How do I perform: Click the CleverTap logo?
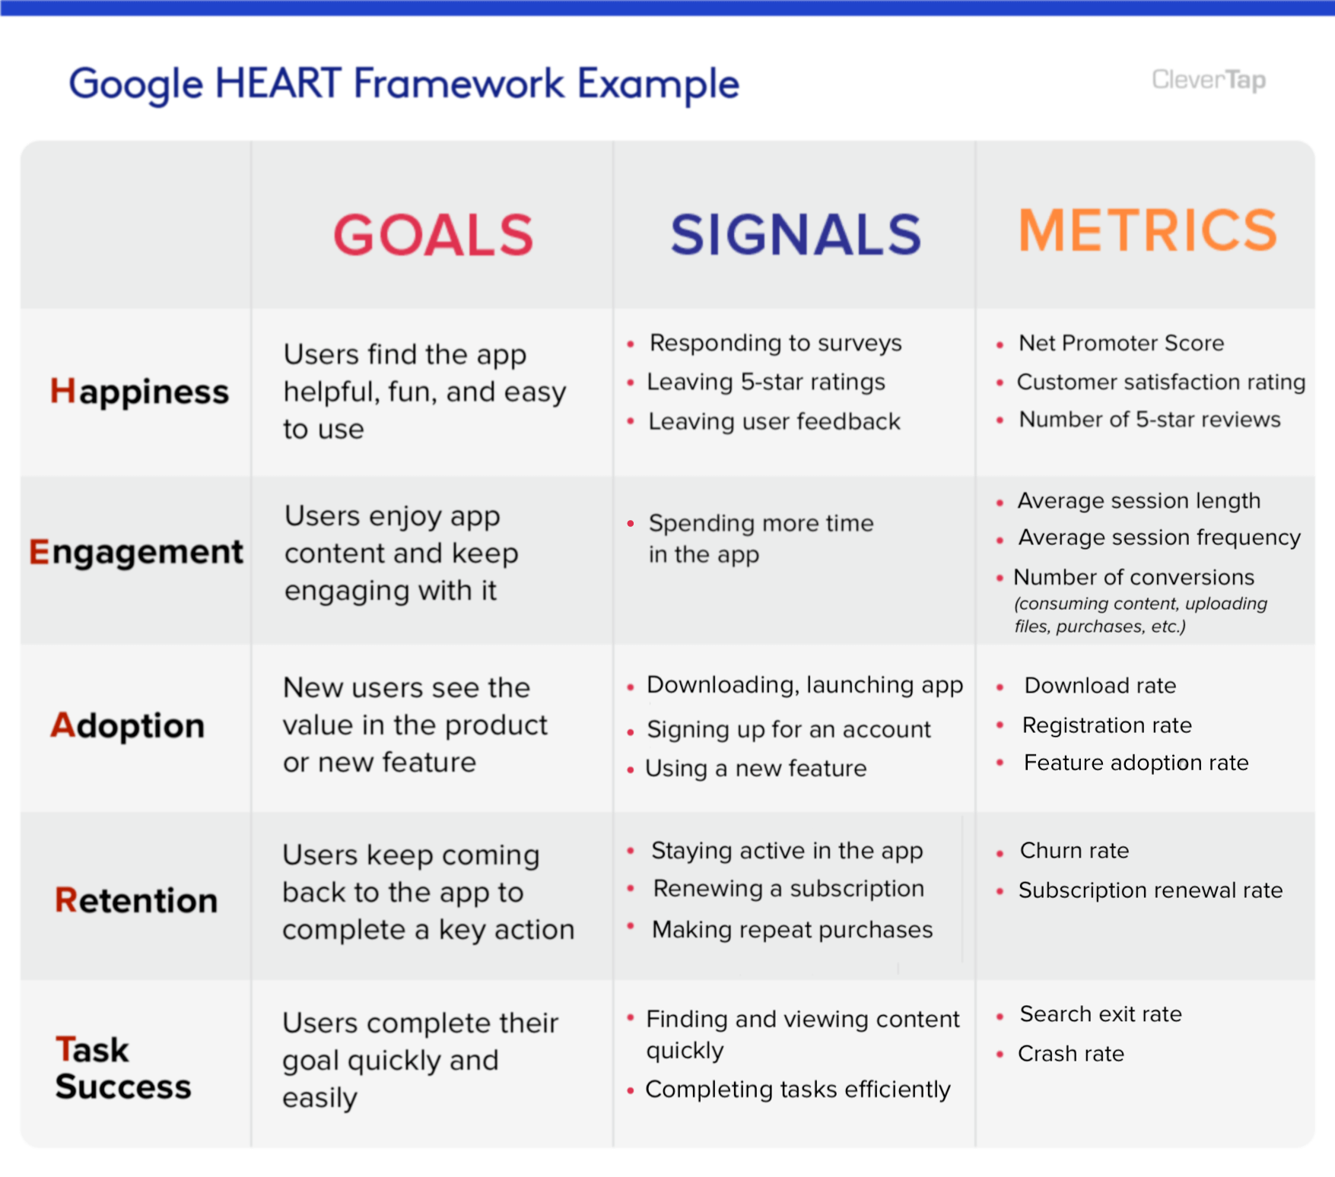(x=1208, y=79)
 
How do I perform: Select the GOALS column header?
(x=433, y=235)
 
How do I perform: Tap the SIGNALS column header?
(x=796, y=235)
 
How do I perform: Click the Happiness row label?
(x=139, y=392)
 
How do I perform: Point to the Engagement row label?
(x=136, y=552)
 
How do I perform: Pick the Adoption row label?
(x=128, y=725)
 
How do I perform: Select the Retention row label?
(x=136, y=900)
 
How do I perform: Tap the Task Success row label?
(x=122, y=1068)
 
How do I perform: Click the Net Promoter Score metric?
(x=1120, y=343)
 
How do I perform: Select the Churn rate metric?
(x=1073, y=850)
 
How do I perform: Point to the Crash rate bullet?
(x=1070, y=1054)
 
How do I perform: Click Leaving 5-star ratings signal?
(x=765, y=382)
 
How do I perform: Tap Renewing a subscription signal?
(x=788, y=889)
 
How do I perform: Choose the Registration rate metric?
(x=1106, y=725)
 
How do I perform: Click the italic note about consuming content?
(x=1140, y=615)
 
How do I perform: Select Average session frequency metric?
(x=1159, y=538)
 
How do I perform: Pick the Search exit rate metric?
(x=1100, y=1014)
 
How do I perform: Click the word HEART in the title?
(x=278, y=83)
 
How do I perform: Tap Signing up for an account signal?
(x=788, y=730)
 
